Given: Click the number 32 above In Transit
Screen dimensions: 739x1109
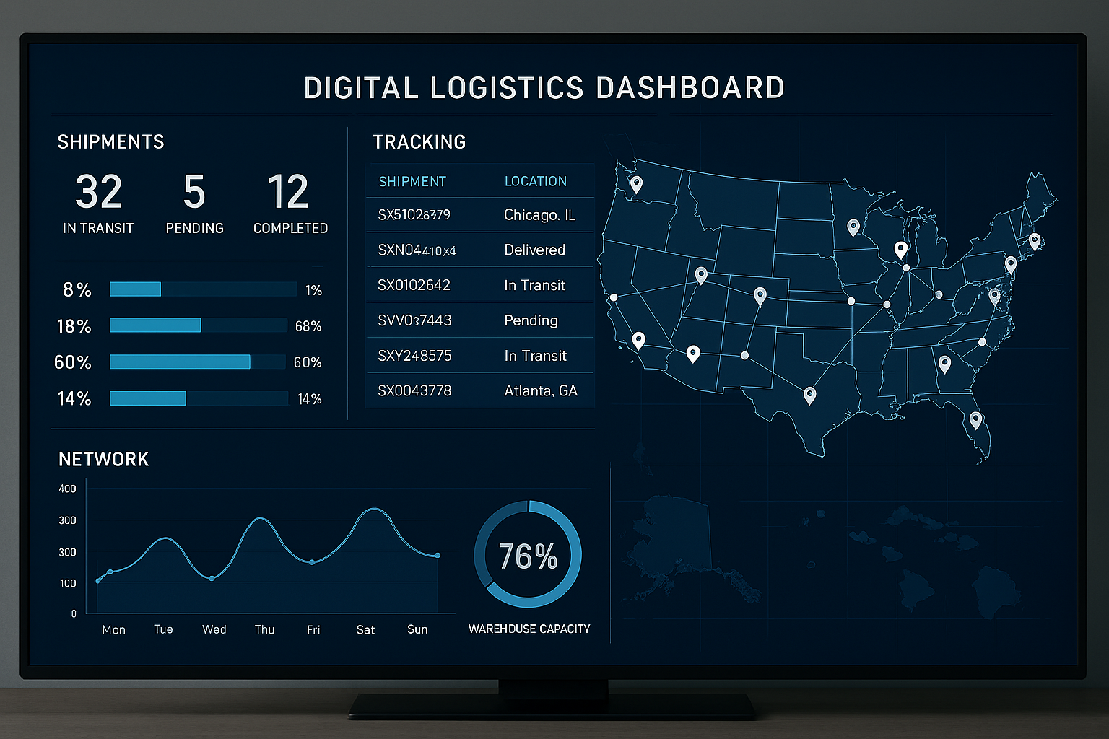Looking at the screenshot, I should [99, 192].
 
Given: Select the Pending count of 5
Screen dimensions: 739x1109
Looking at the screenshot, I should [194, 192].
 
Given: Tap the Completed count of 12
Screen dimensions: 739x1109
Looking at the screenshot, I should [288, 192].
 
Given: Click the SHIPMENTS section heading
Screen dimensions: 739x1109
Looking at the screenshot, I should [110, 142].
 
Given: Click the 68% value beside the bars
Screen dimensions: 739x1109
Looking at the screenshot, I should [308, 326].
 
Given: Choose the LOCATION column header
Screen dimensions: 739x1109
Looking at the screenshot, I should [535, 181].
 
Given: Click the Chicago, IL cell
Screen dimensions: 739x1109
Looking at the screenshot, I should [539, 215].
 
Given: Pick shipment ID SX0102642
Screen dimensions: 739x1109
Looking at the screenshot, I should [414, 285].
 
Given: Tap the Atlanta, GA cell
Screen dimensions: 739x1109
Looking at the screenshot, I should [540, 391].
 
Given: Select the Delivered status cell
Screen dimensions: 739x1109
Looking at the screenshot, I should [534, 250].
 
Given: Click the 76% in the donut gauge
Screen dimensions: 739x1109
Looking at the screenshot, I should [528, 556].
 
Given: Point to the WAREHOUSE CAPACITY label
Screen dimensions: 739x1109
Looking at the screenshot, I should [529, 629].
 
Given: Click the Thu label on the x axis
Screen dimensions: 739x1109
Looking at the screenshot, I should [264, 629].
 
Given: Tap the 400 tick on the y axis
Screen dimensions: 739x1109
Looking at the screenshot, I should [67, 489].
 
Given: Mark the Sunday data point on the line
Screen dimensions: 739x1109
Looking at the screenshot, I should [437, 555].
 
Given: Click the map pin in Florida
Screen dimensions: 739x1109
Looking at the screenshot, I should [975, 419].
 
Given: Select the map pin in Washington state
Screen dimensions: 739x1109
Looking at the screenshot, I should [636, 183].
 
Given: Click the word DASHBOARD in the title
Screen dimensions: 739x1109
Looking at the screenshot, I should [690, 88].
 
